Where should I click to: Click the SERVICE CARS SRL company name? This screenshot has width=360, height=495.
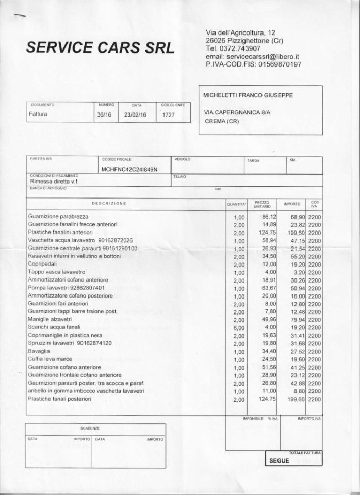100,47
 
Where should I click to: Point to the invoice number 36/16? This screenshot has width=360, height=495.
104,115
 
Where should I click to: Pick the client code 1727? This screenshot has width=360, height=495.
169,115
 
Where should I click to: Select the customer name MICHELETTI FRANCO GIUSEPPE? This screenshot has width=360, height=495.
249,95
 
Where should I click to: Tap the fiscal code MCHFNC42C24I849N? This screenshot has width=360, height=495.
129,169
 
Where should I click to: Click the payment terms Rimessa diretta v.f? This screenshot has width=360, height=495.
54,181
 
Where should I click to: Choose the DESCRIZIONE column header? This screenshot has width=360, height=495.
109,204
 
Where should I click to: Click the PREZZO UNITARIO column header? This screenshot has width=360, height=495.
262,204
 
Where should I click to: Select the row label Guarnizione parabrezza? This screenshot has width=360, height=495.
58,217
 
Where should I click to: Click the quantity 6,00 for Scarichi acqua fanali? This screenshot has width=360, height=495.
238,327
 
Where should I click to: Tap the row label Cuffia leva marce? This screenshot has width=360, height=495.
50,359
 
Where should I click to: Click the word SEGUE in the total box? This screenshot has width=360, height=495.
280,461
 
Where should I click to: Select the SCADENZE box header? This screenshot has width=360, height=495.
90,428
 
